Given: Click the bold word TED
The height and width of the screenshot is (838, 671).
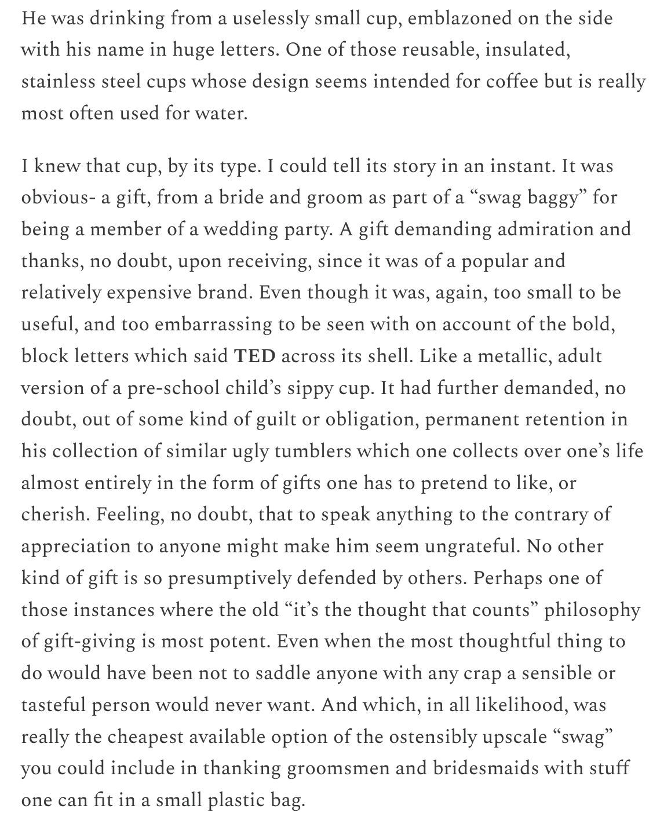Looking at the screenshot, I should (254, 356).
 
